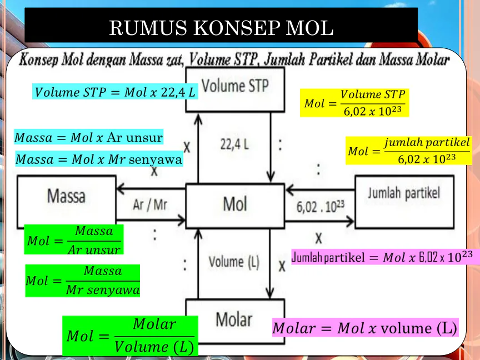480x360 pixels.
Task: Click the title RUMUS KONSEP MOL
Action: coord(221,27)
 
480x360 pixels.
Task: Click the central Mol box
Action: coord(234,204)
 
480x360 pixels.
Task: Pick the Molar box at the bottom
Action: coord(234,319)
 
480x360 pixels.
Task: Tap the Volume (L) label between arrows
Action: coord(234,262)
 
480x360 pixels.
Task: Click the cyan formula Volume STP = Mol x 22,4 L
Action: coord(116,92)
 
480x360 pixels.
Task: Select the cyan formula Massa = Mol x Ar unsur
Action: coord(88,137)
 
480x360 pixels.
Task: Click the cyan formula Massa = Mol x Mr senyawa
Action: coord(99,159)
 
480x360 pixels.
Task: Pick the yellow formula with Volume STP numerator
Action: coord(354,103)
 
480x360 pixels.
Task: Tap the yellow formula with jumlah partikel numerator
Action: coord(408,151)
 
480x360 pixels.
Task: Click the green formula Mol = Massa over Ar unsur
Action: coord(73,240)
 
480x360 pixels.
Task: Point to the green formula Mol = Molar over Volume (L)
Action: coord(130,336)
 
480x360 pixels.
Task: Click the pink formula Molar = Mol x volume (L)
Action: coord(365,328)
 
